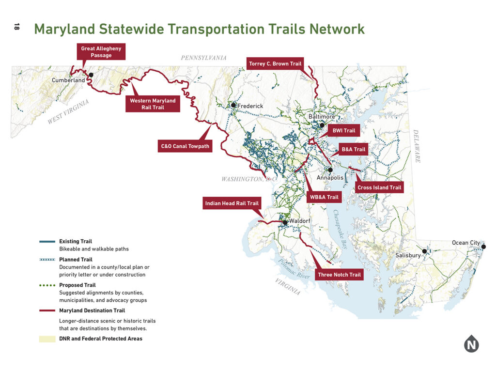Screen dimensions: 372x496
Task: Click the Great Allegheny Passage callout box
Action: [101, 52]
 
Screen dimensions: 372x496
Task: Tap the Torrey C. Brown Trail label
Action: [275, 63]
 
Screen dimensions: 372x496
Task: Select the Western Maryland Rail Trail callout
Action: [153, 104]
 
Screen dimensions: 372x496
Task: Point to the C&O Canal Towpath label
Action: [186, 146]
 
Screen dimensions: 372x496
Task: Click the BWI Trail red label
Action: [343, 131]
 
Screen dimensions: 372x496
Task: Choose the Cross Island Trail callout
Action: [379, 187]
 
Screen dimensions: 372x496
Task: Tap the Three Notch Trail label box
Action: [339, 275]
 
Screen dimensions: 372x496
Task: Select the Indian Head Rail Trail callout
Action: [232, 203]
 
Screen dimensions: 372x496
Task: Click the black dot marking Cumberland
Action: [91, 75]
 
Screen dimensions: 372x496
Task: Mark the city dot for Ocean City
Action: [483, 247]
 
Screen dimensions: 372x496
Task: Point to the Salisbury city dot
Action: [424, 251]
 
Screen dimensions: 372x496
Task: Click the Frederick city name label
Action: [250, 106]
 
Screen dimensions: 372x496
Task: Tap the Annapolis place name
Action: [330, 178]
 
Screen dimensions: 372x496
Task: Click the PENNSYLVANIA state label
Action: [203, 58]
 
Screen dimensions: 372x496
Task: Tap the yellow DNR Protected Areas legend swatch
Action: [47, 339]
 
